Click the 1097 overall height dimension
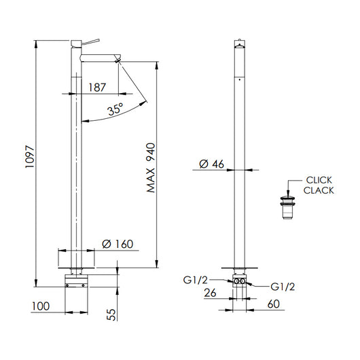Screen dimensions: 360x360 (30, 157)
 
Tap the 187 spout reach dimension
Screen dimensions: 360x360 (97, 88)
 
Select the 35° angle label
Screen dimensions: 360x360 (116, 109)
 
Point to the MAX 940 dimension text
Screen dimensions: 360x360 (151, 168)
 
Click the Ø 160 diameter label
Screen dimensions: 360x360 (118, 244)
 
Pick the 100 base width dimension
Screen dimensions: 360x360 (41, 306)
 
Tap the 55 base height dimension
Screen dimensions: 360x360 (111, 314)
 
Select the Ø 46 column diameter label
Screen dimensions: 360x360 (211, 164)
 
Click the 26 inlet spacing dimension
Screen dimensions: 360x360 (210, 293)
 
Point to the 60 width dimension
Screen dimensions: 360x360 (274, 304)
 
